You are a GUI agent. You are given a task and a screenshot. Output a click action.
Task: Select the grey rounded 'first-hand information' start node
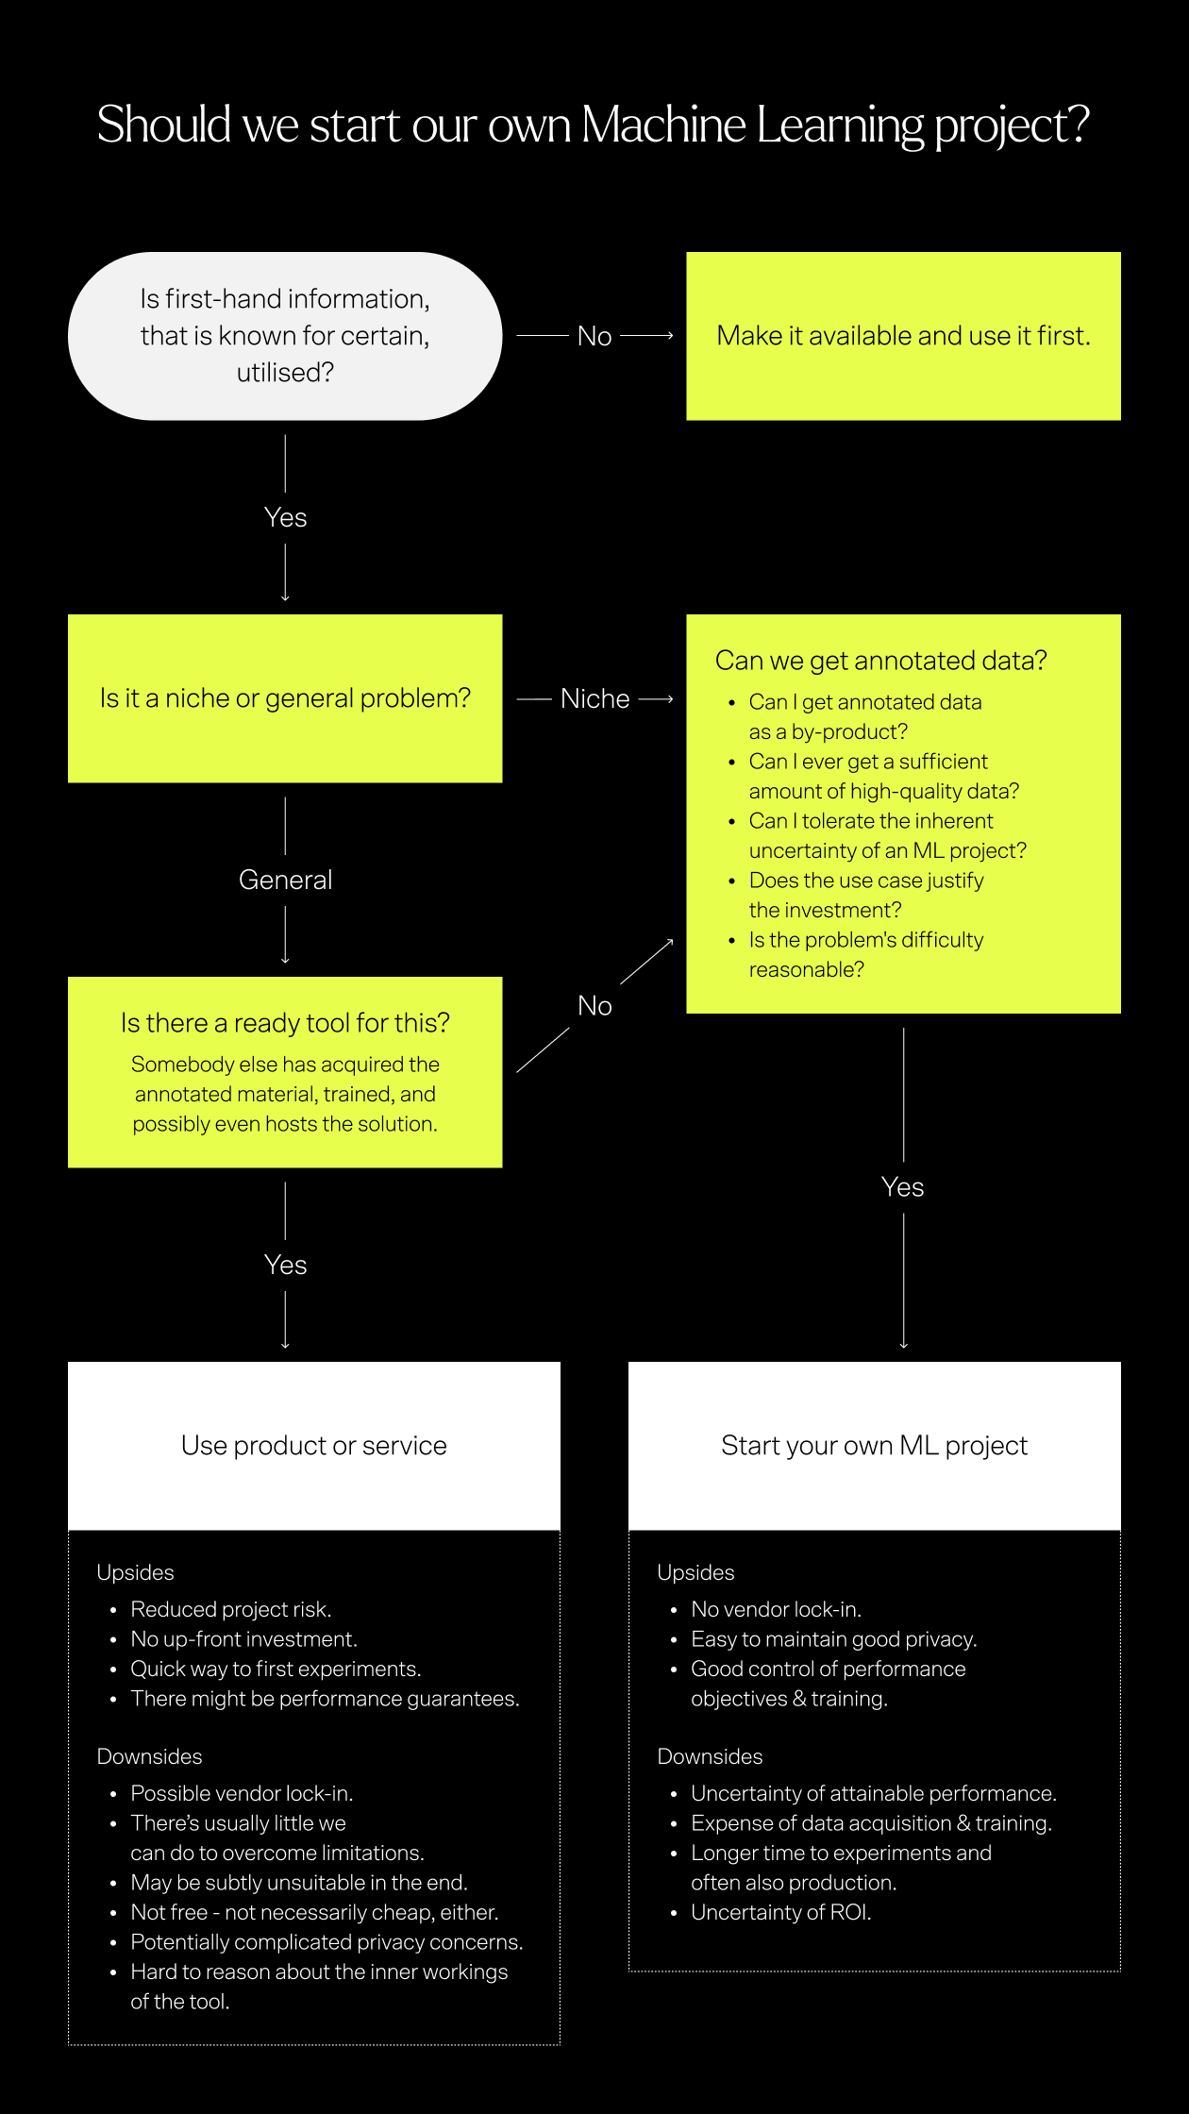click(x=285, y=336)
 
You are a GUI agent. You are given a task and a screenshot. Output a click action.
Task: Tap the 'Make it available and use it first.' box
click(x=903, y=336)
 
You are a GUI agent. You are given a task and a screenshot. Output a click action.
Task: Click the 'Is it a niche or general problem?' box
click(x=285, y=698)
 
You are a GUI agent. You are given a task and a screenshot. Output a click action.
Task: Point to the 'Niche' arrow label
click(x=594, y=699)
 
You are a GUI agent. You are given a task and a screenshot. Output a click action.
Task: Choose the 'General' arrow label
click(x=285, y=880)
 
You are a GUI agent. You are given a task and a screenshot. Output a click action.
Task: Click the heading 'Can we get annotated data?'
click(x=880, y=661)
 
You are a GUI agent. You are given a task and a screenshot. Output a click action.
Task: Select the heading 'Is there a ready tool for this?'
click(x=285, y=1023)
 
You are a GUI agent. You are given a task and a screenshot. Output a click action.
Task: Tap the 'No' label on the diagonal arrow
click(x=594, y=1006)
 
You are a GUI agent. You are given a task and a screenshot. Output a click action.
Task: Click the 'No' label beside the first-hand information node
click(x=594, y=336)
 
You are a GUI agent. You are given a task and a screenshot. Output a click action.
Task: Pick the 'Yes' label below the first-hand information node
click(x=285, y=517)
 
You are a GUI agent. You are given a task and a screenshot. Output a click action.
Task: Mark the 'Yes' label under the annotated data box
click(x=902, y=1187)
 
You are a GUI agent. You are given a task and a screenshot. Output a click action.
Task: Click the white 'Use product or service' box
click(x=314, y=1446)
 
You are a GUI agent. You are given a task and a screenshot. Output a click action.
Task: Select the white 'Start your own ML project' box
click(x=874, y=1446)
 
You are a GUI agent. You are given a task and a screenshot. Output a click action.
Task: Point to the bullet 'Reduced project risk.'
click(x=231, y=1609)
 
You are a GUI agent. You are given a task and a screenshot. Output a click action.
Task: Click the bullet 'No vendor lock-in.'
click(x=776, y=1609)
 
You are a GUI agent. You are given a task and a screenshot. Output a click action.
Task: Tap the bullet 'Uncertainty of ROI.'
click(x=780, y=1912)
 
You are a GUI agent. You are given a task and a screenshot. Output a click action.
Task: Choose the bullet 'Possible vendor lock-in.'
click(x=242, y=1793)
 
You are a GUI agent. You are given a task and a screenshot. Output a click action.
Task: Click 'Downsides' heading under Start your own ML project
click(x=710, y=1756)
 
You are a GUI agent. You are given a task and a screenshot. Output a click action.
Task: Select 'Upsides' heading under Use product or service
click(x=135, y=1572)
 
